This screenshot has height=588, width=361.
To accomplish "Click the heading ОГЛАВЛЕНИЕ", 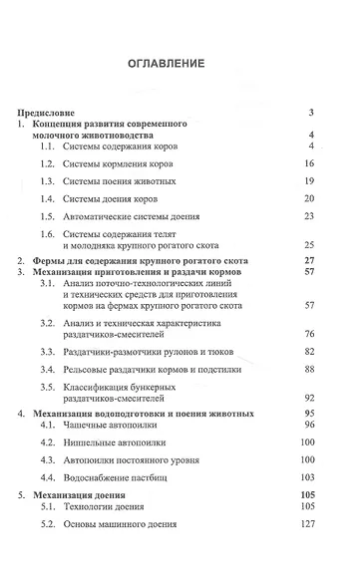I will point(180,63).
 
